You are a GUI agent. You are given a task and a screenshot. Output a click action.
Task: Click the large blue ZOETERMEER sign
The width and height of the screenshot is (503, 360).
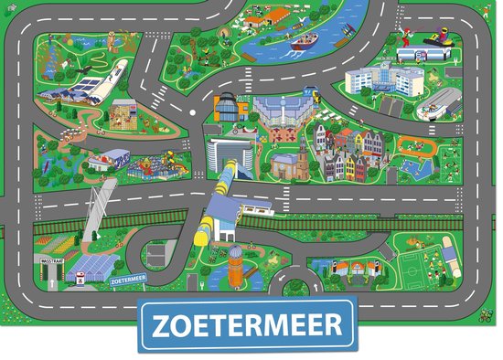coord(251,323)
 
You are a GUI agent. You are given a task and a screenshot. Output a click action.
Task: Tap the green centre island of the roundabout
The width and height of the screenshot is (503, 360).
coord(295,288)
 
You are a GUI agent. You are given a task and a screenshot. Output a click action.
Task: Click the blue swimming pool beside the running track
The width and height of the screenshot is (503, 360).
coord(412,169)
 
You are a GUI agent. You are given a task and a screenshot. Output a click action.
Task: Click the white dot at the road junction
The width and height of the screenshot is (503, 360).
coord(192,112)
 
